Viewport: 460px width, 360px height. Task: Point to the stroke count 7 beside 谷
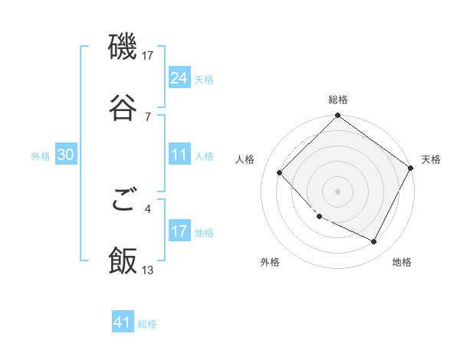point(148,116)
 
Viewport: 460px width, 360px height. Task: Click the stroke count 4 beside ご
point(148,208)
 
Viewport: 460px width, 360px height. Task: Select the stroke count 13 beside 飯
point(148,270)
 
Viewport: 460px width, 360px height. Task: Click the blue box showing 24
point(179,78)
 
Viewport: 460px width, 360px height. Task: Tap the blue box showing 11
point(179,155)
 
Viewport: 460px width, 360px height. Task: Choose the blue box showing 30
point(65,155)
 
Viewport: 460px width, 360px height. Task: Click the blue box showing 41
point(123,323)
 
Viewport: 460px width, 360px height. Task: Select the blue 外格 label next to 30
point(41,156)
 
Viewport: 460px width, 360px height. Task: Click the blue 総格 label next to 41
point(147,324)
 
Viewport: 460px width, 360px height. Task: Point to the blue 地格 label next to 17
point(204,233)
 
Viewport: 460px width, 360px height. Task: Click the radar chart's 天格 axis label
point(431,159)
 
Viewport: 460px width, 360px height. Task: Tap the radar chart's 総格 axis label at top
point(338,100)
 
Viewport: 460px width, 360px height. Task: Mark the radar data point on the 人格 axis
point(280,172)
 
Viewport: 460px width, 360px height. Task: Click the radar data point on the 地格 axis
point(374,242)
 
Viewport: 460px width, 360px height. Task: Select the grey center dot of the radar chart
point(338,191)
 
